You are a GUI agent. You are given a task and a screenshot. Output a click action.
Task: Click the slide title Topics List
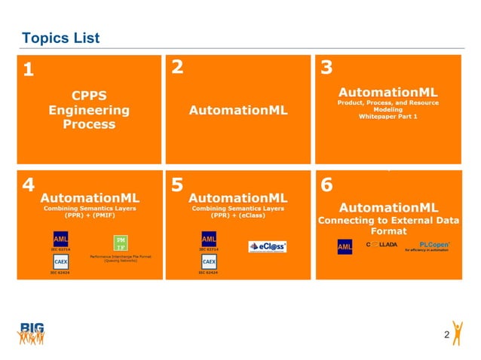point(60,38)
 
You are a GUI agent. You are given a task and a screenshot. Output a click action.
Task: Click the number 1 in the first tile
point(28,71)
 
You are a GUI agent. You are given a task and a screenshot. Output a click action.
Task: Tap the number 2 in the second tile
point(177,67)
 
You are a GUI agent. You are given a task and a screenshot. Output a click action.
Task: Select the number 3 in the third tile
point(326,68)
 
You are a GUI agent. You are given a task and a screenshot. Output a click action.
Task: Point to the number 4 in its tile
point(28,185)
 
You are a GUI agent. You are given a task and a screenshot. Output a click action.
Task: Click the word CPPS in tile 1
point(88,96)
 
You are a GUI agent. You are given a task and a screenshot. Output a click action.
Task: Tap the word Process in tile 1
point(88,124)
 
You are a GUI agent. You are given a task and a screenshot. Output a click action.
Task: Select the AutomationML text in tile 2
point(237,110)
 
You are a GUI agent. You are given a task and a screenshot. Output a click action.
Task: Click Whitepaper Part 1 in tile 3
point(388,117)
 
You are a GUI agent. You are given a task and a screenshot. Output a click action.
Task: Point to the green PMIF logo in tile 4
point(120,243)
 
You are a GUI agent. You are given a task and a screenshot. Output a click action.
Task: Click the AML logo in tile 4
point(61,239)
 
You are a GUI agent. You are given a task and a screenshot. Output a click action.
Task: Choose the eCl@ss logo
point(267,246)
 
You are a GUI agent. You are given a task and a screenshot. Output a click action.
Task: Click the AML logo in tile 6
point(345,246)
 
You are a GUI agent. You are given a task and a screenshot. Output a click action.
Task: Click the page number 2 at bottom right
point(447,334)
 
